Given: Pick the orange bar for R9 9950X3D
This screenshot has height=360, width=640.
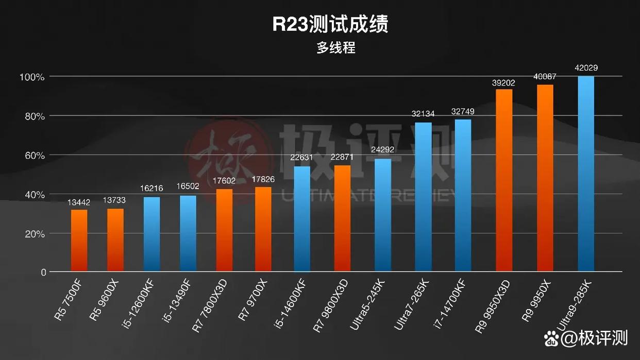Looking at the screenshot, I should point(504,180).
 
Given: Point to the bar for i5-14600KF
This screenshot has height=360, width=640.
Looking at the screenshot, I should point(302,219).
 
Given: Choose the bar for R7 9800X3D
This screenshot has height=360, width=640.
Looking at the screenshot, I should point(342,218).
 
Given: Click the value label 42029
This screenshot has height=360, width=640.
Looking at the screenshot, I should point(586,68).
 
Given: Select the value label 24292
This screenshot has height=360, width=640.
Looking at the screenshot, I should point(383,150).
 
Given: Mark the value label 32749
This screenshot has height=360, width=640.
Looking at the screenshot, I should point(463,111).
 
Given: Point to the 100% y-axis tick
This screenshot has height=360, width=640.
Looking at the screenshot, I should point(32,77).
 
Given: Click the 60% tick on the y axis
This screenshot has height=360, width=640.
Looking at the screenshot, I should point(34,156).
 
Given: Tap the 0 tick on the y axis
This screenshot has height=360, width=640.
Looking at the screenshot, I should point(43,272).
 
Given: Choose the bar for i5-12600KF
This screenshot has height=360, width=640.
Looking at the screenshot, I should point(151,234).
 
